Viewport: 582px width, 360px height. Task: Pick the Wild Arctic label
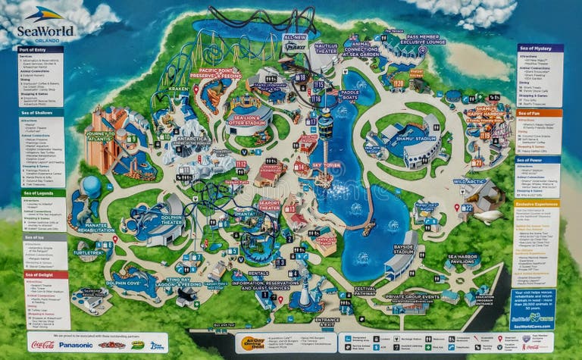pos(469,182)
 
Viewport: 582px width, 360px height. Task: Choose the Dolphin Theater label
pos(172,221)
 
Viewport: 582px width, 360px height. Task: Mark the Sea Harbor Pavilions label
pos(463,258)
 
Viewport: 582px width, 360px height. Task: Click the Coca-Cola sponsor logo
pos(42,344)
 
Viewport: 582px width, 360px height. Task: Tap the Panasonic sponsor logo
pos(77,344)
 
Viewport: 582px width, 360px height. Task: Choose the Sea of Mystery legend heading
pos(540,48)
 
